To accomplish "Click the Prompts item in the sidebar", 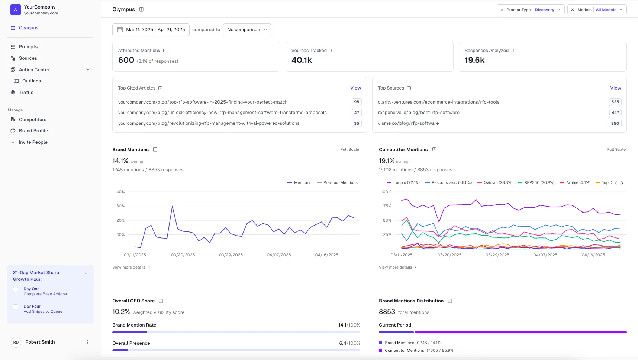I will coord(28,47).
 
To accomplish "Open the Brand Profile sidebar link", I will coord(33,131).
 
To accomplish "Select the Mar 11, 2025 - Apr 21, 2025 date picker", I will coord(151,30).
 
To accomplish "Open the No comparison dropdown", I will coord(247,30).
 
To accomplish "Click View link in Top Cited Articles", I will coord(355,88).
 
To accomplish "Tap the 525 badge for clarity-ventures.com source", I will coord(615,102).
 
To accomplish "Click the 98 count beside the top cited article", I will coord(357,102).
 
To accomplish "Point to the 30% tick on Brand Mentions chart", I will coord(120,206).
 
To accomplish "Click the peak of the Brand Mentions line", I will coord(172,206).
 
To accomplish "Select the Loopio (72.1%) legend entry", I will coord(403,183).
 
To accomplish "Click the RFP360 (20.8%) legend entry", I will coord(536,183).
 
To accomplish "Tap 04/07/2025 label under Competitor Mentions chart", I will coord(545,255).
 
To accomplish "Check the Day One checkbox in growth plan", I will coord(16,289).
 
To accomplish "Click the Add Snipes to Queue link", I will coord(43,312).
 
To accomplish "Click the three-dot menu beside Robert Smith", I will coord(87,342).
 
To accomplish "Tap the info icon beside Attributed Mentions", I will coord(165,51).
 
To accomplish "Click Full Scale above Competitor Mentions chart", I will coord(616,150).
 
